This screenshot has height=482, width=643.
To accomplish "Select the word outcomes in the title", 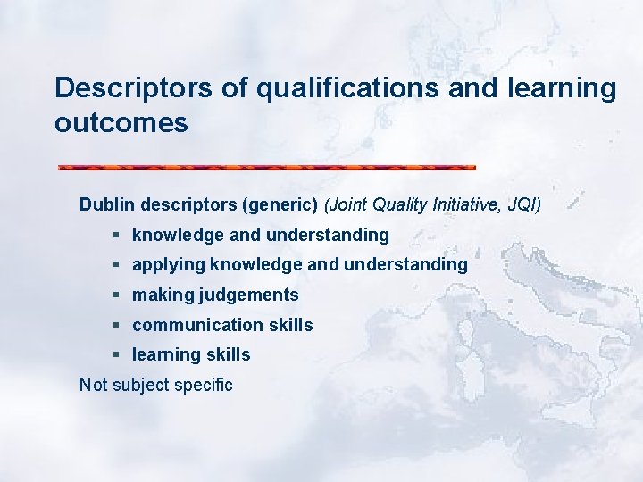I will (121, 122).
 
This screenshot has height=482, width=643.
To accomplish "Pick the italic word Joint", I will (349, 204).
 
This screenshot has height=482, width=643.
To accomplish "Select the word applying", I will (166, 265).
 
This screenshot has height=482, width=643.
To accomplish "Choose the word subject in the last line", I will (144, 386).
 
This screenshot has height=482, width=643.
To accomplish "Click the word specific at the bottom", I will (205, 386).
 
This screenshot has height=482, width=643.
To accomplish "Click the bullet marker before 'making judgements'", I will (117, 295).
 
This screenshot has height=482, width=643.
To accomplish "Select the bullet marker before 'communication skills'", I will (117, 325).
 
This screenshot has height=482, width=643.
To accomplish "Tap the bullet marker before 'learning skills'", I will (117, 354).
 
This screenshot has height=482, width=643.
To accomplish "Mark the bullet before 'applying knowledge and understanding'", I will (117, 264).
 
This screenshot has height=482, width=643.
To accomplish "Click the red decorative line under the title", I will (266, 167).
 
